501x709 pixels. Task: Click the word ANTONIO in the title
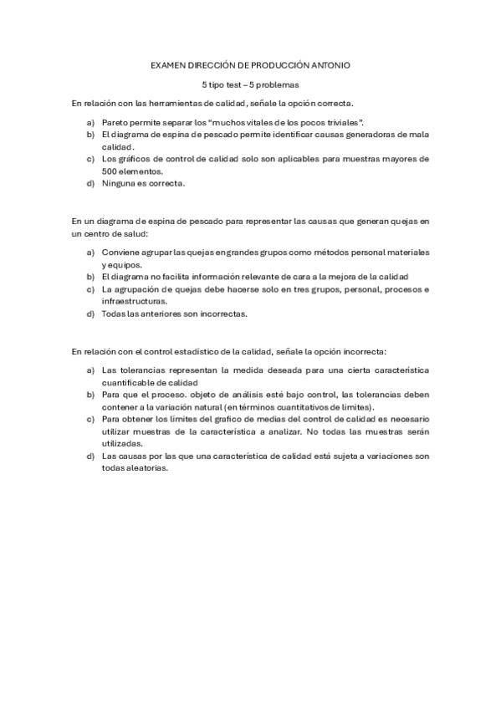(330, 64)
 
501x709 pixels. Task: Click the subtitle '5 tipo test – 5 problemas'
(250, 84)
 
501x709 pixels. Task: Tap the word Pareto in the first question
(115, 122)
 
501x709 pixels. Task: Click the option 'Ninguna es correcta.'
(143, 182)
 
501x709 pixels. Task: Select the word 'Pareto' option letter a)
(90, 122)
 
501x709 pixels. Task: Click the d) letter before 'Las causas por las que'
(90, 456)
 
